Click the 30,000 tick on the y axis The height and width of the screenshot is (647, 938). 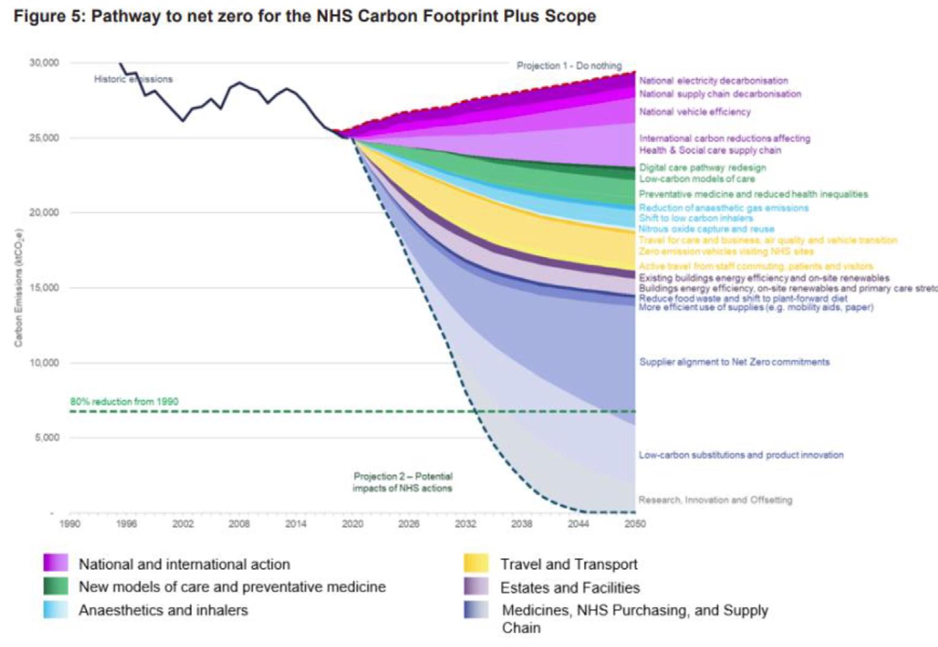tap(44, 63)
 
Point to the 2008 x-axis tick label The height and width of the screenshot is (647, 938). tap(239, 524)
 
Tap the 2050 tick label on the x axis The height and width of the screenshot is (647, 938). tap(635, 524)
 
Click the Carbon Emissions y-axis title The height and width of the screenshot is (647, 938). tap(18, 288)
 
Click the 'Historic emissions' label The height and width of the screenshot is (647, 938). tap(133, 79)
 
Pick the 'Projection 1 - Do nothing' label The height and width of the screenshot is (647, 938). tap(569, 66)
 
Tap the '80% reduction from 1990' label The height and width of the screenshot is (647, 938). tap(124, 402)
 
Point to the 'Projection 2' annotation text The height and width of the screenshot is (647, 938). tap(402, 482)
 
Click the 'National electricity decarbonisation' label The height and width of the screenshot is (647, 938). tap(714, 80)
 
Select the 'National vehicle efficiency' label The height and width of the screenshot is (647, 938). tap(695, 112)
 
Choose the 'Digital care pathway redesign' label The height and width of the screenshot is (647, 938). tap(703, 167)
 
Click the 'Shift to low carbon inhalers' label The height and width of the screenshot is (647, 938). tap(696, 218)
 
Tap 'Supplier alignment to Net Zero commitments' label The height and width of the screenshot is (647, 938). tap(734, 362)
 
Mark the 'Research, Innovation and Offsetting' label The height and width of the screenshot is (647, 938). tap(715, 500)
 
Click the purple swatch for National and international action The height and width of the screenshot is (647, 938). tap(56, 563)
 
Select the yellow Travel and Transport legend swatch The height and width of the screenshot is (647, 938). tap(476, 563)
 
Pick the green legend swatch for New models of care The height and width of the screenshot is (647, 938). tap(56, 586)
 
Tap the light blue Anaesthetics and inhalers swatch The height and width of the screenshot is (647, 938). tap(56, 610)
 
